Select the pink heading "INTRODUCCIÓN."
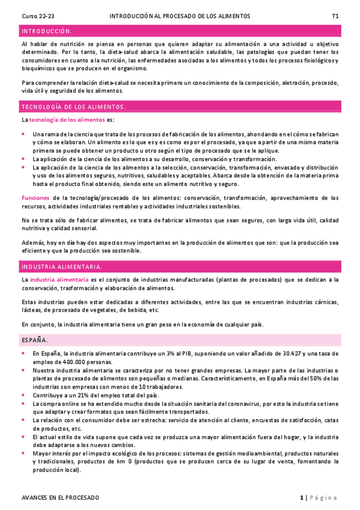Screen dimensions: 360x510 coord(47,31)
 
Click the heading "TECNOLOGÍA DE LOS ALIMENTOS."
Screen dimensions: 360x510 coord(73,106)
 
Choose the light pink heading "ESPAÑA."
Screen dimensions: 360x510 coord(35,340)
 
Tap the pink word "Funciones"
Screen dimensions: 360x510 coord(35,197)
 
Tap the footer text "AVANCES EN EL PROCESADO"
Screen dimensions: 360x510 coord(60,497)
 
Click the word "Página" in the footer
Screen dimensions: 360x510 coord(325,497)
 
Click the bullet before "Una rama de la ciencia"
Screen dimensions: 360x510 coord(23,134)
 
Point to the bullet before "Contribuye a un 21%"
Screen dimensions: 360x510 coord(23,395)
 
